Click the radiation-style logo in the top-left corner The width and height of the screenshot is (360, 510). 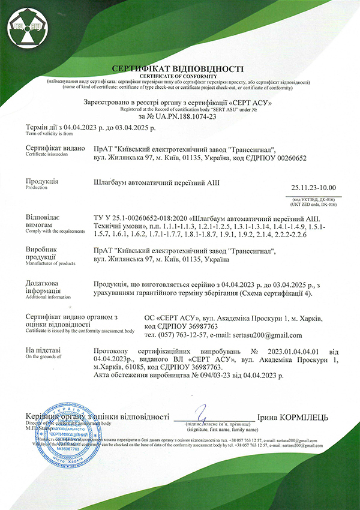point(24,25)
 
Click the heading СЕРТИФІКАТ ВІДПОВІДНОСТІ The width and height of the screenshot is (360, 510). point(179,68)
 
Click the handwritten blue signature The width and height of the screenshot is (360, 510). point(204,414)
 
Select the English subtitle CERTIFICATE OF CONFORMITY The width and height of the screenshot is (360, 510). point(179,76)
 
